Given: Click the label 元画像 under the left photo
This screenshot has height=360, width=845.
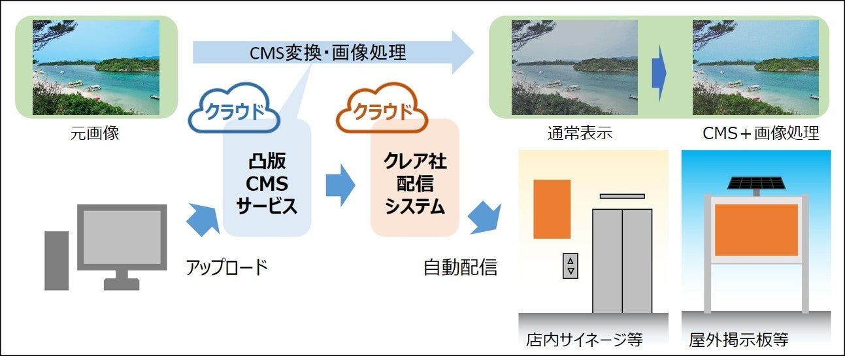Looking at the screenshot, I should [95, 135].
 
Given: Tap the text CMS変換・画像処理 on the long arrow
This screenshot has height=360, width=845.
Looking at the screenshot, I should [328, 53].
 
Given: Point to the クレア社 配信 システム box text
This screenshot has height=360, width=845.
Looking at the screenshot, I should [415, 185].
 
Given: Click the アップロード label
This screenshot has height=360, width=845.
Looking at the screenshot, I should [227, 267].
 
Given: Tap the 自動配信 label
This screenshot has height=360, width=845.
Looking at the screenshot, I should [460, 267].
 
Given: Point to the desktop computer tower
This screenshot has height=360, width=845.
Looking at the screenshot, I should [57, 259].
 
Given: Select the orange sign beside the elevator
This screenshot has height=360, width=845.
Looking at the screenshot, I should [552, 209].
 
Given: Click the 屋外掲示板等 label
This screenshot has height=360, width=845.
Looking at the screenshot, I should [738, 340].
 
